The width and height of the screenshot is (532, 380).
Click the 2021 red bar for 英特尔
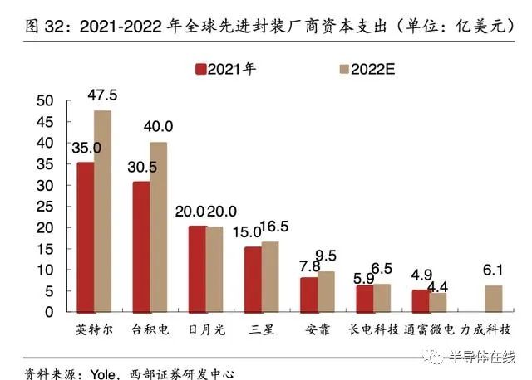[85, 236]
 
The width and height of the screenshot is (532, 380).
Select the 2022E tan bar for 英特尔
[102, 211]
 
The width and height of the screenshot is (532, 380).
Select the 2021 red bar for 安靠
[308, 295]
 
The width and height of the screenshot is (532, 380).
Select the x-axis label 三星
[261, 329]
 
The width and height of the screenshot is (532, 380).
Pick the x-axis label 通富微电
[429, 329]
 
